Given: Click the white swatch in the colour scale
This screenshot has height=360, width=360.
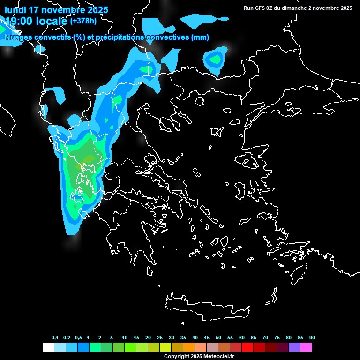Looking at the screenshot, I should pos(48,347).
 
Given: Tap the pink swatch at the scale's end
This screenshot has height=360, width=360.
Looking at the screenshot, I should pos(306,347).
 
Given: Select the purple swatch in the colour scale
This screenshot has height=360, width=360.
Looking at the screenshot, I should pos(294,347).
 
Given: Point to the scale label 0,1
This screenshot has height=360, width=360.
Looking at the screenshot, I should pos(55,338).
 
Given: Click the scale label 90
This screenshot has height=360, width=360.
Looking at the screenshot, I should pos(312,338).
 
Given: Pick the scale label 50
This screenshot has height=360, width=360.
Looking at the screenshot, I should pos(218,338).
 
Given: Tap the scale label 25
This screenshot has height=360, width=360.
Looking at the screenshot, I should pos(160,338).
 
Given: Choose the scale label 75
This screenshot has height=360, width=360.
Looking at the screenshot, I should pos(277,338).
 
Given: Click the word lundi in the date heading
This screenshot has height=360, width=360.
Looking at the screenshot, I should pos(15,10).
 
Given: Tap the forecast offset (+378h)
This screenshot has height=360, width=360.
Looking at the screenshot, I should pos(83,21).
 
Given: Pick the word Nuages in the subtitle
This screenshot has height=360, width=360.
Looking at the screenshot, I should pos(18,37).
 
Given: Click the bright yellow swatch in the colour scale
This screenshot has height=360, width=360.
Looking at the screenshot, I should pos(165,347).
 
